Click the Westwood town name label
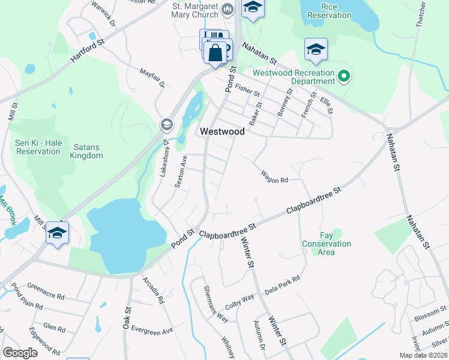(x=222, y=131)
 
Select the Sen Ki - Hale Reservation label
(x=38, y=146)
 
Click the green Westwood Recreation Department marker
(x=344, y=76)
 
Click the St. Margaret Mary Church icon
(x=228, y=9)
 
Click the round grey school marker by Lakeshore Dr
(x=166, y=125)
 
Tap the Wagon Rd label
(x=274, y=177)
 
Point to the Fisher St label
(x=247, y=90)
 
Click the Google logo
(x=20, y=353)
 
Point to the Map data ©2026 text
(x=423, y=355)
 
